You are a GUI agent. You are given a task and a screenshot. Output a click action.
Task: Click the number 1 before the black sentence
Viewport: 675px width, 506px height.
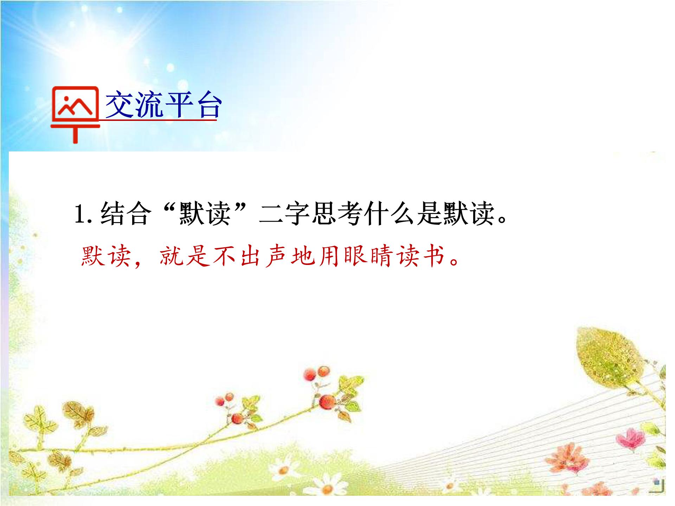(80, 214)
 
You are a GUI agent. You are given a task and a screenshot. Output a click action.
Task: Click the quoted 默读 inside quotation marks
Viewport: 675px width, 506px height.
(205, 214)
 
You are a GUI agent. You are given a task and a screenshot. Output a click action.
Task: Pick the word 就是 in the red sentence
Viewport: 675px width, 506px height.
(185, 255)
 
